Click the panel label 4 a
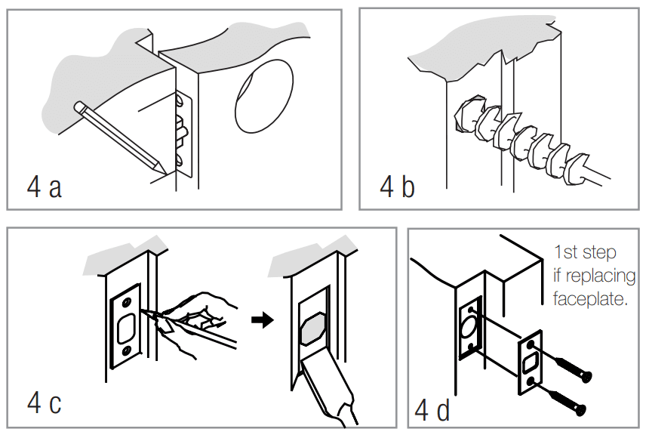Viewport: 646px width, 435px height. (44, 187)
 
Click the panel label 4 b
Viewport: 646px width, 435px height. (397, 186)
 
